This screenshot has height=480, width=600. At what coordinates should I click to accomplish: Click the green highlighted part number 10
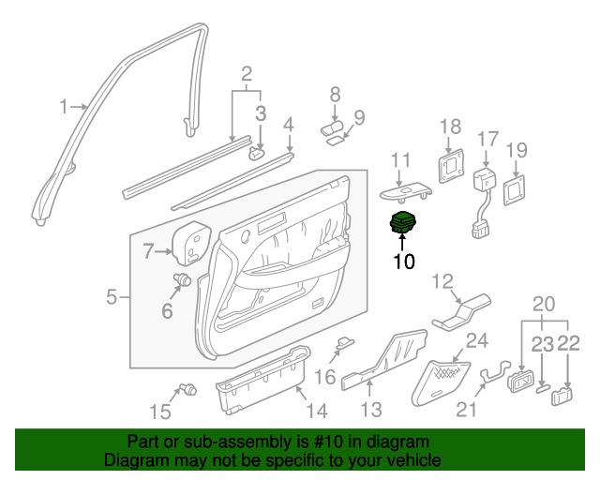point(403,225)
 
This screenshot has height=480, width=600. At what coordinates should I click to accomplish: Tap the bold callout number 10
point(403,262)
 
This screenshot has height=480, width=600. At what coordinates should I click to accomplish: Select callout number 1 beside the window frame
point(64,108)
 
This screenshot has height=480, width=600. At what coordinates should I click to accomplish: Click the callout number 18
point(451,127)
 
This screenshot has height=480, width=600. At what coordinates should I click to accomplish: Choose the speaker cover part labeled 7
point(194,242)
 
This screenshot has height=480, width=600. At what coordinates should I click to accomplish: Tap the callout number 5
point(111,298)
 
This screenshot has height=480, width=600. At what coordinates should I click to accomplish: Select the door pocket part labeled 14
point(262,382)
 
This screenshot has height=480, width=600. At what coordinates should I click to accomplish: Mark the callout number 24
point(476,340)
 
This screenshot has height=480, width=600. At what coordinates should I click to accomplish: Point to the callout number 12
point(442,281)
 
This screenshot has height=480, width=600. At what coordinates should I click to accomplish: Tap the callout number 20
point(543,304)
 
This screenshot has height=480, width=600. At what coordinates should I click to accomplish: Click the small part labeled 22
point(562,395)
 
